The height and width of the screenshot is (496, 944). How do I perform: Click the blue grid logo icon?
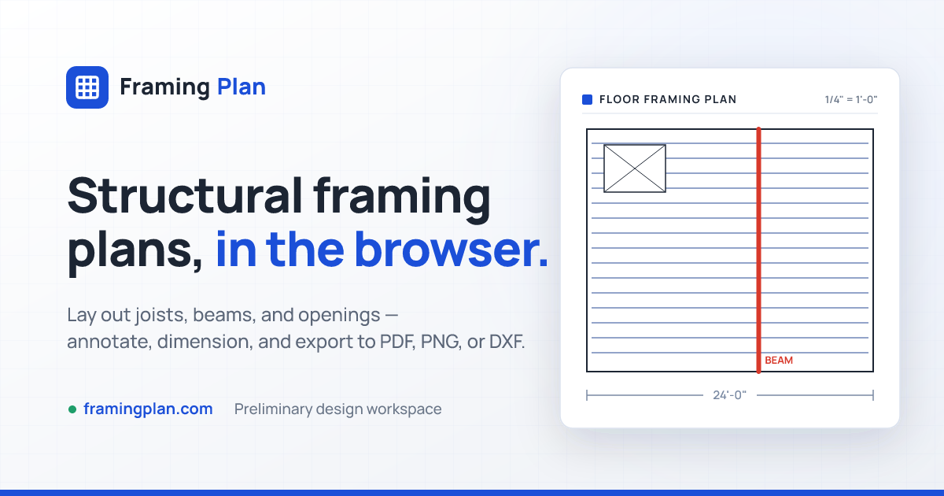coord(87,87)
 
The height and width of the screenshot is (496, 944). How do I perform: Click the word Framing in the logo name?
coord(164,87)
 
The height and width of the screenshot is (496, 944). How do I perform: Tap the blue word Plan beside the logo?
coord(242,87)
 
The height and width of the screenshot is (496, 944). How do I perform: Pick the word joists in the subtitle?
coord(161,315)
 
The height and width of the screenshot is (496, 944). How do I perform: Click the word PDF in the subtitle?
coord(397,341)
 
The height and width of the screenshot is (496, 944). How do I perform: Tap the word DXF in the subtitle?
coord(507,341)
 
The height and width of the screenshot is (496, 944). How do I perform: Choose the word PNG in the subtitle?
coord(440,341)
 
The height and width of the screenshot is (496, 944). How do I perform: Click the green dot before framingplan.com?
coord(72,409)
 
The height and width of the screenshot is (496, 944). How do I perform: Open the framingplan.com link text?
coord(148,409)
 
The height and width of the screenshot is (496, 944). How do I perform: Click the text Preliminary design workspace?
coord(337,409)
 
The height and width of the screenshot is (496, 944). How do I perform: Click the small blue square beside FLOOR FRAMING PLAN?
coord(587,99)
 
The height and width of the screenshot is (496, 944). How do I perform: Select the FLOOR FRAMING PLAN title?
coord(668,99)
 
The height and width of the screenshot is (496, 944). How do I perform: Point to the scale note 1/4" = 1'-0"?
coord(851,99)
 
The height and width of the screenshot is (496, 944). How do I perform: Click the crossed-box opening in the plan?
coord(635,168)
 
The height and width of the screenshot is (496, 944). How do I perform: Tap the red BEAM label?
coord(778,361)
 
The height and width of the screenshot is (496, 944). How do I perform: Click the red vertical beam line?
coord(758,250)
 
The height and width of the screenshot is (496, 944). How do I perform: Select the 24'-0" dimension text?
coord(729,395)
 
